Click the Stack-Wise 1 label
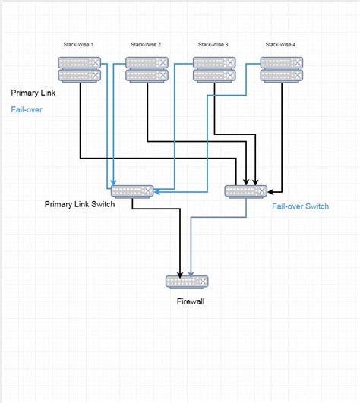78,45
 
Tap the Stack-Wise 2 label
146,45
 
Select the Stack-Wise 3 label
213,45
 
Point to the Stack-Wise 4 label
281,45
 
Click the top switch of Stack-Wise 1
79,63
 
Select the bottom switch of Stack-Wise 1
79,75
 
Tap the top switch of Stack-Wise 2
147,63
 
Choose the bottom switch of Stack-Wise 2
147,75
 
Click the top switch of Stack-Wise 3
214,63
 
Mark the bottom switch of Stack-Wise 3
214,75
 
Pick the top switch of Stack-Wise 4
282,63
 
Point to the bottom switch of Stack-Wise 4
282,75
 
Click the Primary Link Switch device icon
132,191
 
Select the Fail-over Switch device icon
246,191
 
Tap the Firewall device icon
187,282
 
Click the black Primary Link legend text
33,93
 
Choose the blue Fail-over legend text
27,109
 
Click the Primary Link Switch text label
80,204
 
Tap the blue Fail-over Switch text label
300,206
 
